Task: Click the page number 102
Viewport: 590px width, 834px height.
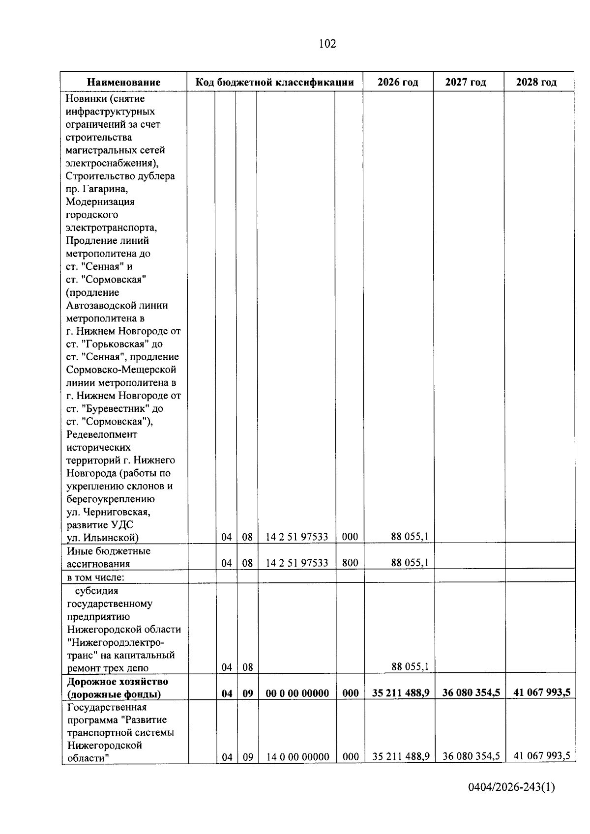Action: click(x=327, y=44)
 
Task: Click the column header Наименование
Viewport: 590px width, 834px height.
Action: click(x=124, y=82)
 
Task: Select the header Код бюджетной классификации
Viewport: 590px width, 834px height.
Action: click(x=275, y=82)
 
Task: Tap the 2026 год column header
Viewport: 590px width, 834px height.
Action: click(x=398, y=82)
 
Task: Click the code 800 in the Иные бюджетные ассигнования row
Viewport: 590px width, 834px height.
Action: click(x=350, y=563)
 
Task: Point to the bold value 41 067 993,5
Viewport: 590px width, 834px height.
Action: click(x=542, y=692)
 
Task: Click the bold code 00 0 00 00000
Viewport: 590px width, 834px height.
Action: click(x=297, y=693)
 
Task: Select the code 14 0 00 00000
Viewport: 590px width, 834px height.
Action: click(x=298, y=757)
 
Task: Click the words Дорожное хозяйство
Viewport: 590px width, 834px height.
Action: click(x=118, y=681)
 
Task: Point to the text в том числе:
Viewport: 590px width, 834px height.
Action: click(x=96, y=577)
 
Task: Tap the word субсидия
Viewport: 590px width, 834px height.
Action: click(x=97, y=590)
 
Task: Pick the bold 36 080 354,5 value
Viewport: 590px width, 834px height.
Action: click(x=471, y=692)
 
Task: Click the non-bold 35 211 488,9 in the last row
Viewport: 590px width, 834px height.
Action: click(x=401, y=756)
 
